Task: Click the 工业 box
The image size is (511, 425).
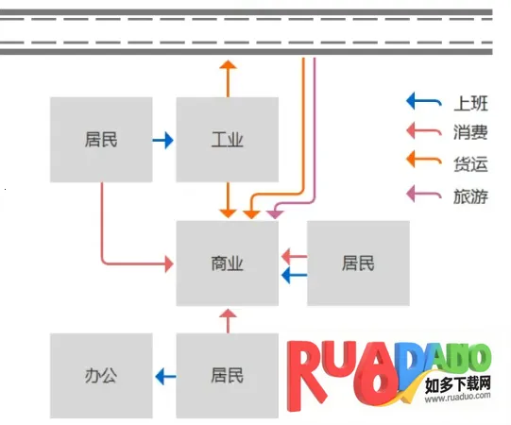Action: click(227, 140)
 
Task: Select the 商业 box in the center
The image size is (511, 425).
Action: click(227, 263)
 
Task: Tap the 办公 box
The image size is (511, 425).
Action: click(100, 375)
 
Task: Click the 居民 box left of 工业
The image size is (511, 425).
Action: click(100, 140)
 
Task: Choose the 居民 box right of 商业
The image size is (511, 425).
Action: click(358, 263)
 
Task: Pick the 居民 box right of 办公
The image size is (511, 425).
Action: click(227, 375)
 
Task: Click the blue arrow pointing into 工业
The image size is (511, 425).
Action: click(163, 141)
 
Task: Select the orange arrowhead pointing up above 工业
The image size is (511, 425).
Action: click(227, 65)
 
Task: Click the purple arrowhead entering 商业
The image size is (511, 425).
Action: click(274, 214)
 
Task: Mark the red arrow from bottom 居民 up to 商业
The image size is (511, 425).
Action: click(227, 320)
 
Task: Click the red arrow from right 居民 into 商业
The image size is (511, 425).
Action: click(294, 254)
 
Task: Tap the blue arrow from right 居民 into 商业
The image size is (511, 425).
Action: click(294, 275)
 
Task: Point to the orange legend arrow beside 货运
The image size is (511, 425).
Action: click(423, 161)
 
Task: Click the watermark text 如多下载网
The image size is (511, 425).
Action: click(458, 384)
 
